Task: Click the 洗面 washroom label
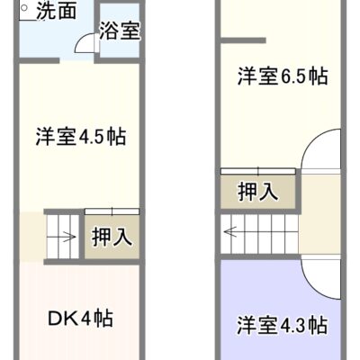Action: (x=56, y=12)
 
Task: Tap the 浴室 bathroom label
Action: (x=120, y=31)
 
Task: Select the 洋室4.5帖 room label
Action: (x=81, y=137)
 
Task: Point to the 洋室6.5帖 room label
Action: (x=283, y=76)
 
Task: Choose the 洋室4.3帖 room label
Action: (x=282, y=325)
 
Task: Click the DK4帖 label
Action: (x=80, y=319)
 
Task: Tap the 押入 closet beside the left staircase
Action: (x=112, y=237)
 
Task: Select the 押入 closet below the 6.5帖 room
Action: (x=258, y=192)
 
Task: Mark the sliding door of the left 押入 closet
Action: (x=112, y=211)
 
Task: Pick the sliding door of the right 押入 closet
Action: (x=258, y=171)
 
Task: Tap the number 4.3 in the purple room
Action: (x=293, y=326)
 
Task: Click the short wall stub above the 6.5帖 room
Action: (x=244, y=40)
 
